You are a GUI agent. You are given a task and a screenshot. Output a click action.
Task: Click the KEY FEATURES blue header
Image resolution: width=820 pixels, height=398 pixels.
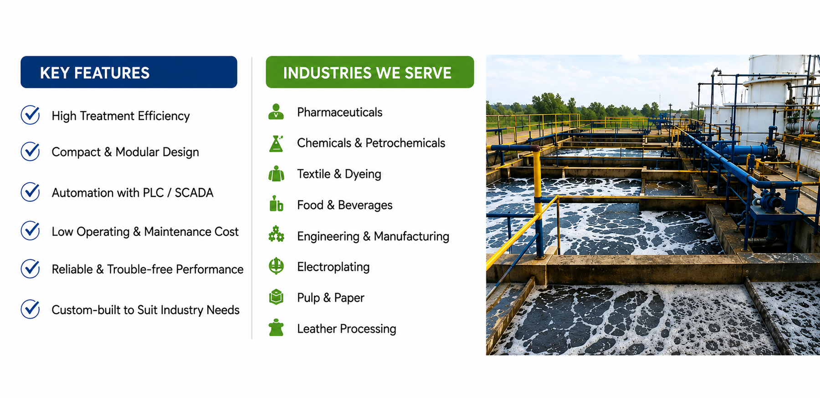[x=129, y=72]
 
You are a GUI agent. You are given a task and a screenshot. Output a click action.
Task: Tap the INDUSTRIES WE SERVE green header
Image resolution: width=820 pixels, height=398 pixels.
[x=370, y=72]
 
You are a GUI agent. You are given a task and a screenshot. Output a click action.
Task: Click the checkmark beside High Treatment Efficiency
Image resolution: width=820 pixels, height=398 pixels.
[x=31, y=115]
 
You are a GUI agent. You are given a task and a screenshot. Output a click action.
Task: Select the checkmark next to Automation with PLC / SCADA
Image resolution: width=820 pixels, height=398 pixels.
[x=31, y=192]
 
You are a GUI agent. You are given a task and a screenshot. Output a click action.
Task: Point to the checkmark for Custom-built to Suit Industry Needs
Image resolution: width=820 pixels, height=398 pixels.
[x=31, y=309]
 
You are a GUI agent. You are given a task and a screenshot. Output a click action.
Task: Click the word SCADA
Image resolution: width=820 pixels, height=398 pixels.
[x=194, y=193]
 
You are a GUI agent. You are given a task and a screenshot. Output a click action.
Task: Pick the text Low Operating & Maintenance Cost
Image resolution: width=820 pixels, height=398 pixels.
[x=145, y=232]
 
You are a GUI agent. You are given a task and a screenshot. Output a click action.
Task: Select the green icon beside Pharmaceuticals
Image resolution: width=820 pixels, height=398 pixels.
[x=276, y=112]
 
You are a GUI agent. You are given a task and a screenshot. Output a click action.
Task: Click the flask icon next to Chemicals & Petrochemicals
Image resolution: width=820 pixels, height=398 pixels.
[x=276, y=143]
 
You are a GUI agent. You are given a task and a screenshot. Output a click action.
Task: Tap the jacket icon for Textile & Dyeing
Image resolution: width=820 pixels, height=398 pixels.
[x=276, y=173]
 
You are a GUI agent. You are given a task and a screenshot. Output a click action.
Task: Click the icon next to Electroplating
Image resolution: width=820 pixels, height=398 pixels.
[x=276, y=266]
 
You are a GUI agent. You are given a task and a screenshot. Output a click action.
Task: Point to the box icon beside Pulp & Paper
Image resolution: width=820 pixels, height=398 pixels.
[x=276, y=297]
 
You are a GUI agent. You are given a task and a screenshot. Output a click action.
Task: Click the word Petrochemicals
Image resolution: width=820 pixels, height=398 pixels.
[x=405, y=143]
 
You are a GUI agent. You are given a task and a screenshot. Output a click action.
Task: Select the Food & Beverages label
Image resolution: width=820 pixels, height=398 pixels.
[x=344, y=205]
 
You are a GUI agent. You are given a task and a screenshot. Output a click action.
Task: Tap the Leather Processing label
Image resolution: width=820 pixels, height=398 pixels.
[x=347, y=329]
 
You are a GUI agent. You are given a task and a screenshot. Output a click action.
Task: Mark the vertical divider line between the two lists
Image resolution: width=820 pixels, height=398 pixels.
[x=252, y=198]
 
